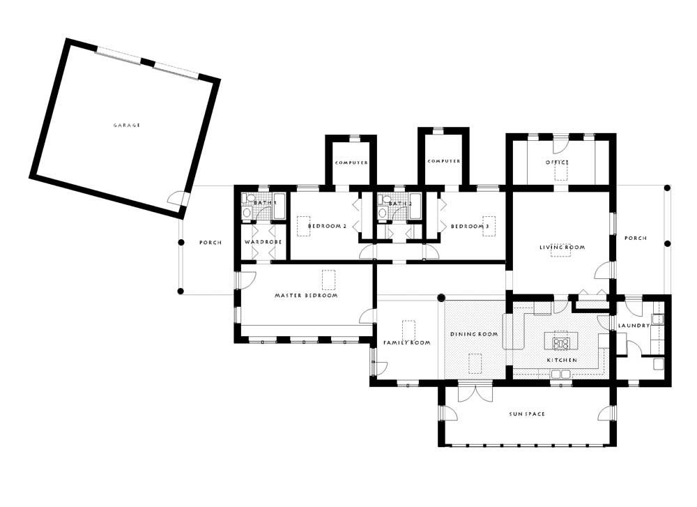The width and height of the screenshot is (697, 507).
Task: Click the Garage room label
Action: (x=127, y=126)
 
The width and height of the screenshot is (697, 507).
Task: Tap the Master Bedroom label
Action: (x=306, y=295)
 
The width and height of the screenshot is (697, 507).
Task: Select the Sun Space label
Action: (x=527, y=414)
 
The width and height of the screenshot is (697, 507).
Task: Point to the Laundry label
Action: (x=634, y=326)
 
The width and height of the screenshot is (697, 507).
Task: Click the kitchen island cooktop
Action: (x=560, y=343)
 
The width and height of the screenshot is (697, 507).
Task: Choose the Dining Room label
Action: (x=474, y=334)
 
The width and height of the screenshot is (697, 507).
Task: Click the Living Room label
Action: (x=562, y=248)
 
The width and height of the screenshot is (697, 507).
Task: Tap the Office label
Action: (x=557, y=162)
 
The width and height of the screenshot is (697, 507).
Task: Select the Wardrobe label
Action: (x=263, y=242)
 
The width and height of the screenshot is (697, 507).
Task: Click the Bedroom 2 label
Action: (x=327, y=226)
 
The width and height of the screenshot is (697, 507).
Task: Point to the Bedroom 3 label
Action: (x=470, y=227)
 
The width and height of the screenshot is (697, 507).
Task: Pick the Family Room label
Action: (x=407, y=342)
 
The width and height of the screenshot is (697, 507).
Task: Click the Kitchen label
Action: (x=562, y=360)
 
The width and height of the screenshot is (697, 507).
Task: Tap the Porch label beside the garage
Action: (x=210, y=243)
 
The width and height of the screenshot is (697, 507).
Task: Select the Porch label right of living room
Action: (x=636, y=238)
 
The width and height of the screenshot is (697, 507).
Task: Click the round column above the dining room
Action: (x=441, y=298)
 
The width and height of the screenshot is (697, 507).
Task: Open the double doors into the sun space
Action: (x=475, y=392)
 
